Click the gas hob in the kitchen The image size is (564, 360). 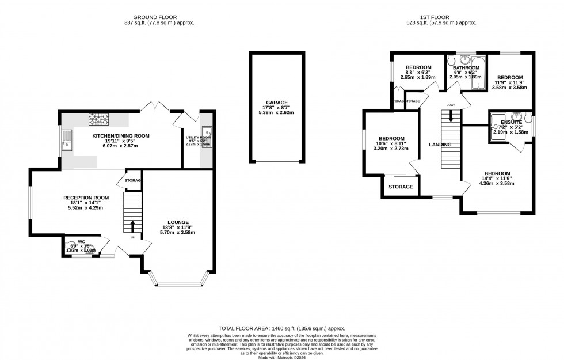tap(98, 120)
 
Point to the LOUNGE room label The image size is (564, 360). tap(178, 222)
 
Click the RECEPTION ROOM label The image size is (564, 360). tap(86, 197)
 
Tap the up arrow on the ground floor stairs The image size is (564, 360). tap(132, 225)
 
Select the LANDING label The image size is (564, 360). tap(440, 145)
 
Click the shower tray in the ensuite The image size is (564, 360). tap(498, 125)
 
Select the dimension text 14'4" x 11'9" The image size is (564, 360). tap(497, 179)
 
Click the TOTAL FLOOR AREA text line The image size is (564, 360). tap(281, 326)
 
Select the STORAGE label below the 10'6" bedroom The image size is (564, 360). tap(401, 187)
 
